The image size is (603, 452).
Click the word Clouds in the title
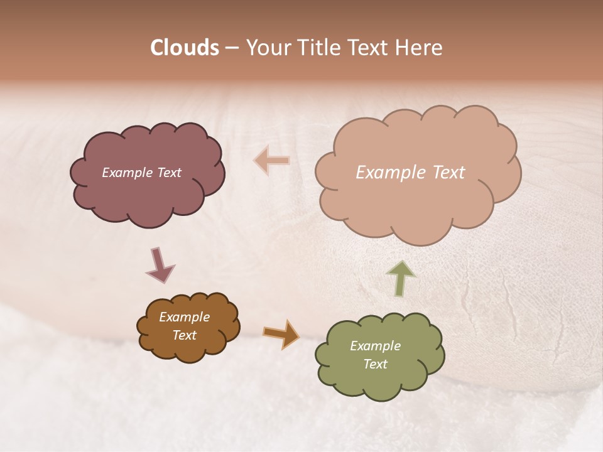tap(184, 48)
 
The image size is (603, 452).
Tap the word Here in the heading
tap(418, 48)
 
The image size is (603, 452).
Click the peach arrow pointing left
tap(271, 161)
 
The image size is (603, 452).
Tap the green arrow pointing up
tap(400, 278)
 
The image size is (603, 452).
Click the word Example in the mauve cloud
tap(127, 173)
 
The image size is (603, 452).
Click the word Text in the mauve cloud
tap(168, 173)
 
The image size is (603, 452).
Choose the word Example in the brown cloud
tap(184, 317)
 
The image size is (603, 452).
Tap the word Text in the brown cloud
tap(184, 335)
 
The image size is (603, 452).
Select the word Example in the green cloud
tap(375, 346)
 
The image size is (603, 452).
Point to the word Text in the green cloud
tap(375, 364)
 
